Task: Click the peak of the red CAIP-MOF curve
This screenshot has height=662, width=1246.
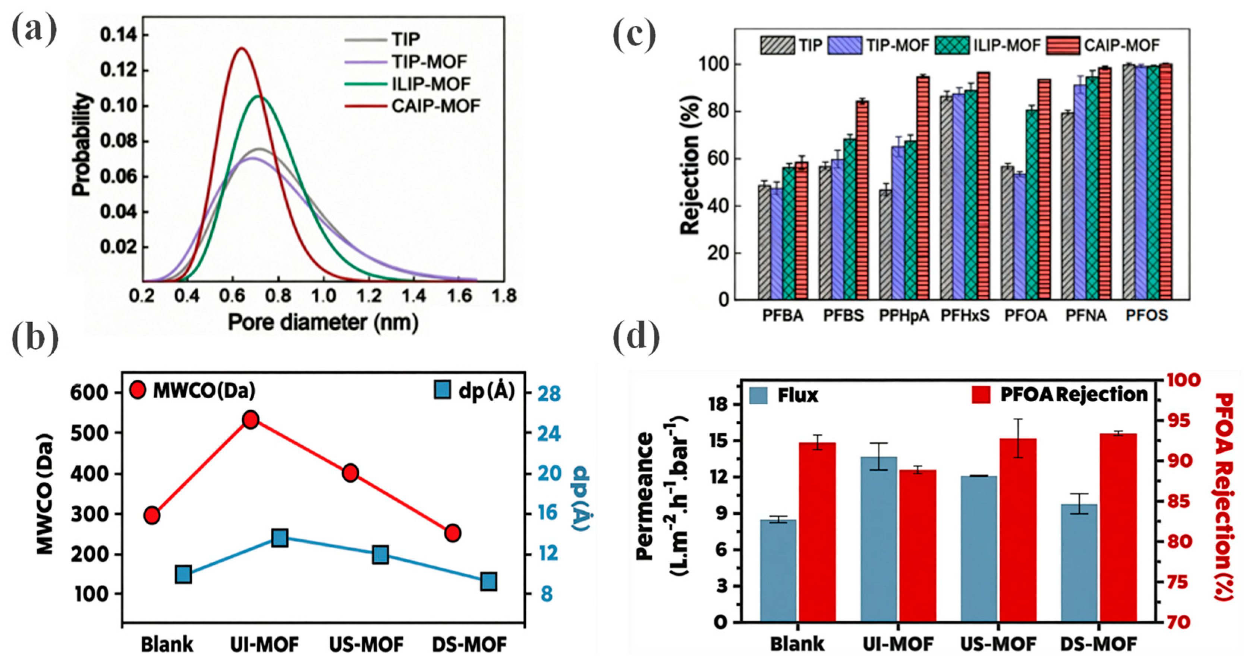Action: coord(241,48)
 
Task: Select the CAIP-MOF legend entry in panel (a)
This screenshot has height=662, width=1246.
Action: coord(435,106)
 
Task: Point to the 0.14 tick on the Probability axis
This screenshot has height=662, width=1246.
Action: coord(118,36)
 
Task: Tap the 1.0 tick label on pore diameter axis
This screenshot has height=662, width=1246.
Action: coord(323,295)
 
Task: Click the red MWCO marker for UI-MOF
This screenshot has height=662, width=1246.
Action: coord(251,420)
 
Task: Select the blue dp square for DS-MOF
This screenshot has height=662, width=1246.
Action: coord(488,581)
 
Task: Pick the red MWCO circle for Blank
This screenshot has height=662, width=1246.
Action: coord(152,515)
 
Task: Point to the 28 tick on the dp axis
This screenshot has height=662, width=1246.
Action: coord(550,393)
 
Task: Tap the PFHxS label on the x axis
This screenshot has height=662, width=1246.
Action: coord(965,316)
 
